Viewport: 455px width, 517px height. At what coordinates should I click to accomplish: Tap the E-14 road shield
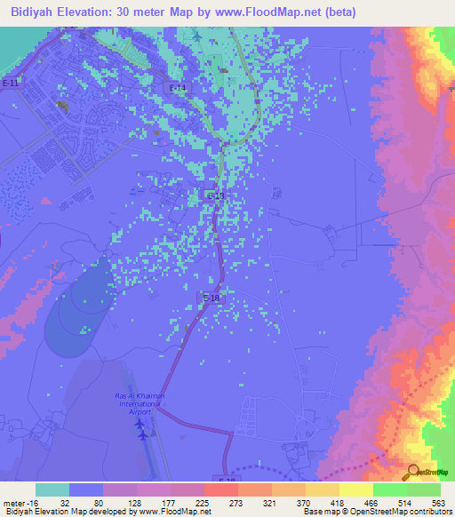[178, 87]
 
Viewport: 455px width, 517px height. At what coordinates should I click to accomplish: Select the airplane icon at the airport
[140, 426]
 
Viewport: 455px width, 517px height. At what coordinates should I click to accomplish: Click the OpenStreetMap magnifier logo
[413, 473]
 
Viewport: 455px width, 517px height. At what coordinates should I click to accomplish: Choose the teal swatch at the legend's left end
[52, 489]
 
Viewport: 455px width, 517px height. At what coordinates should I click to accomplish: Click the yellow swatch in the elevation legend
[355, 489]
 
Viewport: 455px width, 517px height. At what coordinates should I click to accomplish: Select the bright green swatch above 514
[389, 489]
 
